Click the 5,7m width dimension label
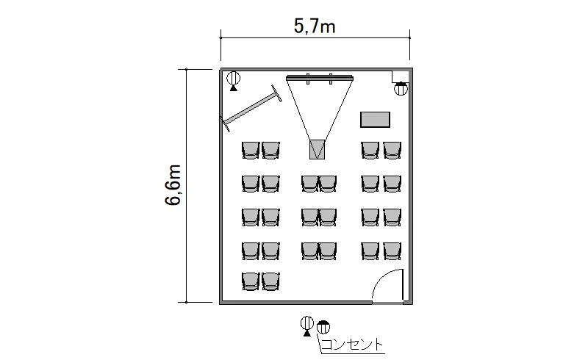(x=315, y=27)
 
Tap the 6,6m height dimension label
(x=173, y=185)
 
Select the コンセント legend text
(x=352, y=345)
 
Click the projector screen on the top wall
(x=320, y=78)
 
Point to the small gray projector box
(x=317, y=149)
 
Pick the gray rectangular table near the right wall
(x=375, y=120)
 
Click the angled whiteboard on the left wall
(x=251, y=109)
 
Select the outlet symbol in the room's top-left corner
(x=234, y=81)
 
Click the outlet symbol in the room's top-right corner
(x=401, y=88)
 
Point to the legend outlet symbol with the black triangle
(x=307, y=326)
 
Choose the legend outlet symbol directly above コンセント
(x=323, y=327)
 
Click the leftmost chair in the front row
(x=251, y=150)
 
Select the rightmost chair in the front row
(x=392, y=150)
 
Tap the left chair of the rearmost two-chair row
(x=251, y=281)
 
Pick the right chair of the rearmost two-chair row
(x=270, y=281)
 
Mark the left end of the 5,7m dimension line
(x=221, y=38)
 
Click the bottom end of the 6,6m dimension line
(x=187, y=302)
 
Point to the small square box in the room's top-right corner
(x=401, y=76)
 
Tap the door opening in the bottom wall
(x=388, y=302)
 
